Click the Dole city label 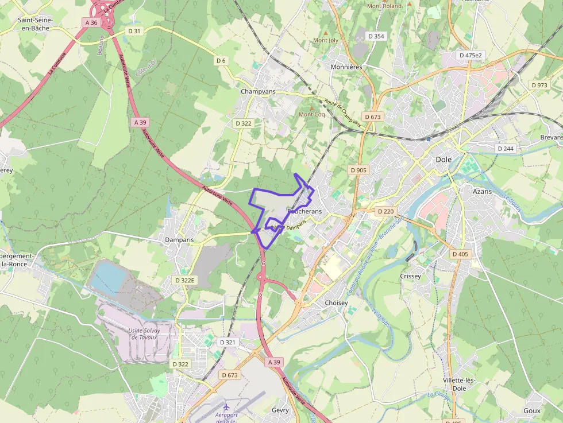coord(444,160)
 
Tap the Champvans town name coord(259,91)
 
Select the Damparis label coord(179,239)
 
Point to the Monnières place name coord(347,67)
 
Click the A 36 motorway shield coord(91,22)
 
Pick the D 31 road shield coord(133,31)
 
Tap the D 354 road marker coord(376,36)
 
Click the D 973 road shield coord(539,85)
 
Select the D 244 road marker coord(506,148)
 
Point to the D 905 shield coord(358,170)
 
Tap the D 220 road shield coord(385,211)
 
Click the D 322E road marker coord(185,280)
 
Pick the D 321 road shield coord(228,342)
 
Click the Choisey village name coord(336,302)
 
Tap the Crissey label coord(410,276)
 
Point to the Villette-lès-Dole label coord(458,384)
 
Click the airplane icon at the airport coord(227,407)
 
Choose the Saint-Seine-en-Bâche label coord(36,24)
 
